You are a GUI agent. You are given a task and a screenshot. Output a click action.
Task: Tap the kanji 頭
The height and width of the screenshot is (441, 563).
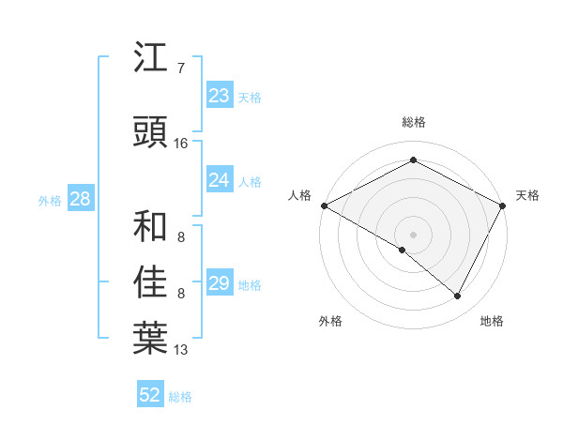click(150, 131)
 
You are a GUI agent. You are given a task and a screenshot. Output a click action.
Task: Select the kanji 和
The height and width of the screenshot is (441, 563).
click(150, 226)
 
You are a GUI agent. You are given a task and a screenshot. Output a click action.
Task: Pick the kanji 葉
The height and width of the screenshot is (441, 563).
click(150, 339)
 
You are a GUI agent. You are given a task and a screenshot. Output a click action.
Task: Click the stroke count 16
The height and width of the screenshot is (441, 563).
click(180, 144)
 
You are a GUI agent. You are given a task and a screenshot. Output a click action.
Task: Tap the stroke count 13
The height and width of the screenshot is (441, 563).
click(180, 350)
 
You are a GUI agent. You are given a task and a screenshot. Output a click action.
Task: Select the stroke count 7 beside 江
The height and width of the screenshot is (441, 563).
click(180, 68)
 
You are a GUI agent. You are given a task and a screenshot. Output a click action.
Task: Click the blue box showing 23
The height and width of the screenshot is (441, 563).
click(219, 96)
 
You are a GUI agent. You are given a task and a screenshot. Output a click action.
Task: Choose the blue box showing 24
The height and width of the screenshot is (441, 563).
click(219, 180)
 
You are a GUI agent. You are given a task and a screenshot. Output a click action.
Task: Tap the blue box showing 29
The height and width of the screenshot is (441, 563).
click(219, 283)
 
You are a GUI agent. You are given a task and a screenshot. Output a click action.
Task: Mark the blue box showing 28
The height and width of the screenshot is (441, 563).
click(80, 199)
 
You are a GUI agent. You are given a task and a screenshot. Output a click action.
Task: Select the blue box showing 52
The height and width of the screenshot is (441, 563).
click(150, 395)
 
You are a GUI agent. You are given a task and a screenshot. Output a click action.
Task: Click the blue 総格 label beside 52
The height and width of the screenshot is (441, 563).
click(180, 397)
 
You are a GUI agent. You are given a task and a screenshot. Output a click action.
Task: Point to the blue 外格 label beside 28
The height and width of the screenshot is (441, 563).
click(50, 200)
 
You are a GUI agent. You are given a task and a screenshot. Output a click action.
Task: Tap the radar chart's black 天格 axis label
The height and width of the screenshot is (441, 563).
click(527, 195)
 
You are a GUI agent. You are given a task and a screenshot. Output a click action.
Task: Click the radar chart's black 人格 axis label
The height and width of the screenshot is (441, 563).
click(299, 195)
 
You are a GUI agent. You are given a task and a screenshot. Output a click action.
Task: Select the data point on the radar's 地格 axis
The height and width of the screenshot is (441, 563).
click(458, 297)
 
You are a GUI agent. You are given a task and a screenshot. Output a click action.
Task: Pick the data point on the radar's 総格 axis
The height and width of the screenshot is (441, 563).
click(413, 160)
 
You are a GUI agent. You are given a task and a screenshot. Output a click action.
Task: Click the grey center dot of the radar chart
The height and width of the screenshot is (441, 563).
click(413, 234)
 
